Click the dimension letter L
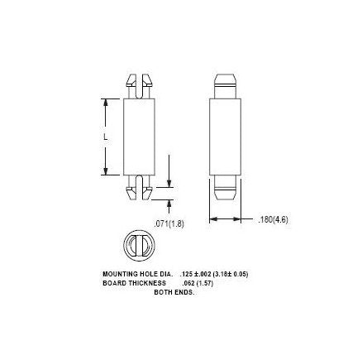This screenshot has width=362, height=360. (105, 137)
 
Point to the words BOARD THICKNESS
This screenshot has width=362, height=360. (124, 279)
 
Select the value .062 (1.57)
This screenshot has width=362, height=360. (179, 279)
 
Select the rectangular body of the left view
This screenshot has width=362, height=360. (139, 137)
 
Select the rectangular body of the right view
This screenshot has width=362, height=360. (225, 137)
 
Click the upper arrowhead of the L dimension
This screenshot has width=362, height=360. (105, 103)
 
